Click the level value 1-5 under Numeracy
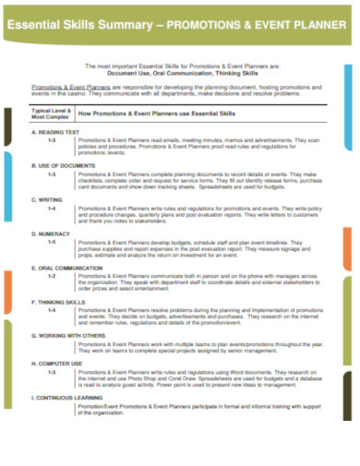tap(53, 241)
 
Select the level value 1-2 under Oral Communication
tap(53, 275)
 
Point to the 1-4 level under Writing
tap(53, 207)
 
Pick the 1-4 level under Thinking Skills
tap(53, 309)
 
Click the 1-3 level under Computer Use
tap(53, 370)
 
